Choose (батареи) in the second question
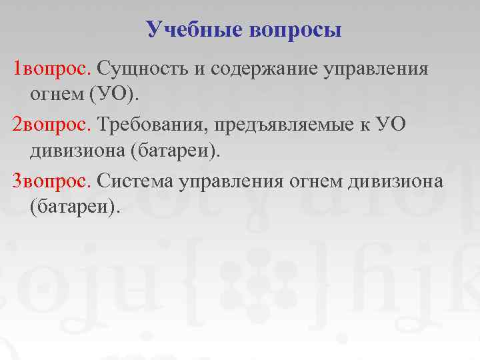(x=175, y=151)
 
